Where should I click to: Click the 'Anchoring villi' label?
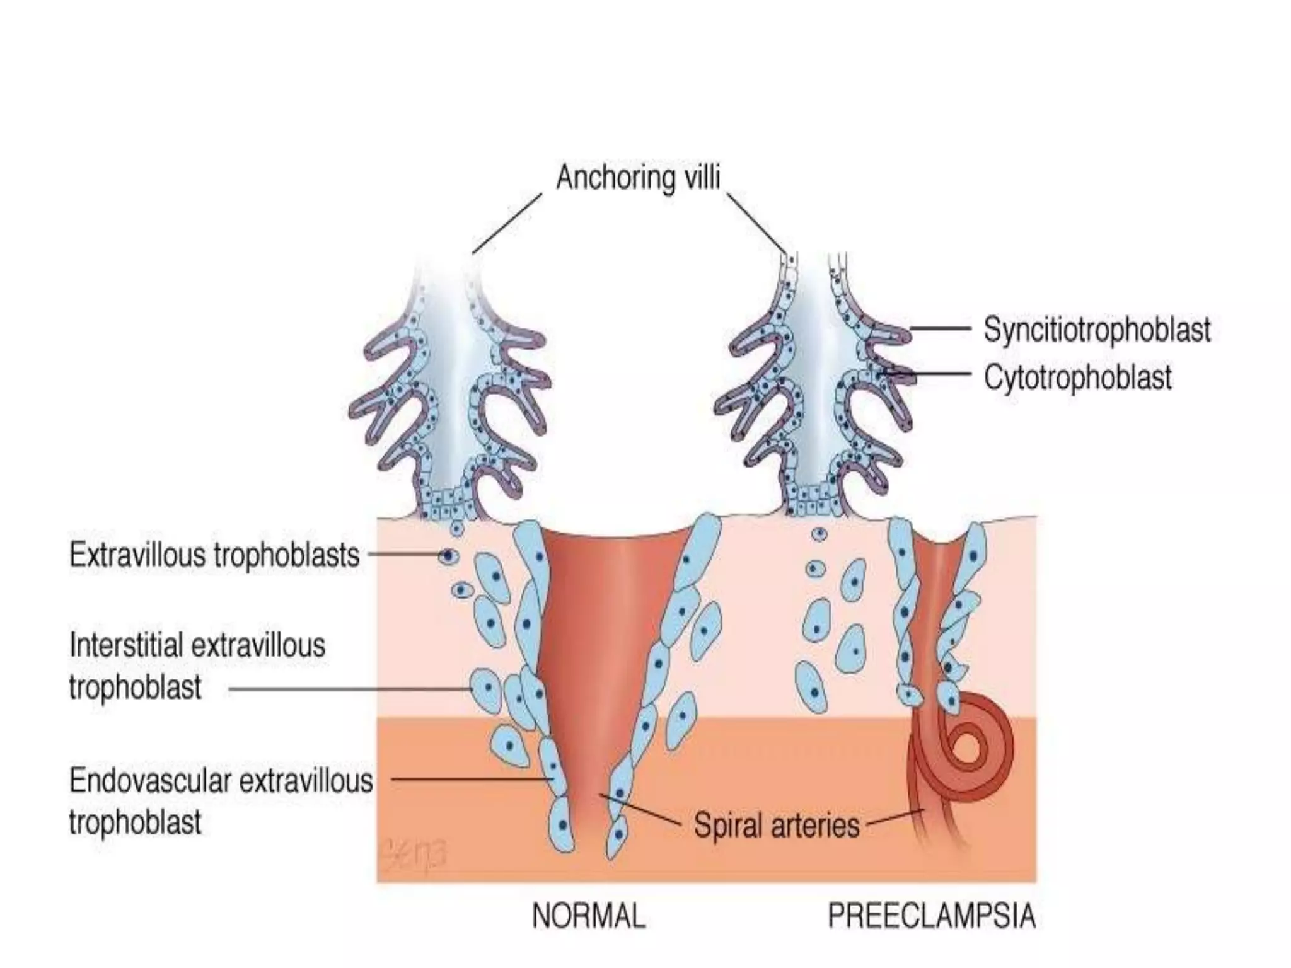click(637, 178)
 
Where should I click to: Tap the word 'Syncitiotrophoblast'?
click(1097, 329)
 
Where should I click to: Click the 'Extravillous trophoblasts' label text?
click(214, 555)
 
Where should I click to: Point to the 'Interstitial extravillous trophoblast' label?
click(197, 666)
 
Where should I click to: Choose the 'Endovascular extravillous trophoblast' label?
click(221, 801)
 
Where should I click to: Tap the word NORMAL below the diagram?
click(589, 916)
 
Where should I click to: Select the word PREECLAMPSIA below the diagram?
click(931, 916)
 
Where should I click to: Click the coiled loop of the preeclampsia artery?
click(968, 747)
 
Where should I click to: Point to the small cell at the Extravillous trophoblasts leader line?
click(448, 556)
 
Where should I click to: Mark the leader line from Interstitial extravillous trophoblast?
click(350, 689)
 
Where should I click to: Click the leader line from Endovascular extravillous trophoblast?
click(470, 779)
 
